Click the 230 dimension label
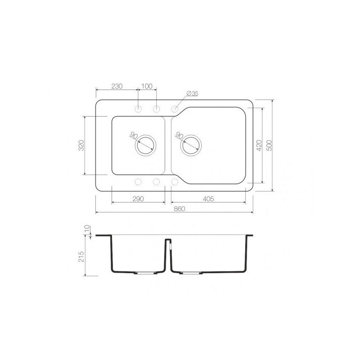117,86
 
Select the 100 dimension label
147,86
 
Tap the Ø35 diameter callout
193,94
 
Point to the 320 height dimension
81,145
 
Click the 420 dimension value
259,145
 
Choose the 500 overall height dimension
269,145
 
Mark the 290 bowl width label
138,198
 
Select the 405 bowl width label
208,198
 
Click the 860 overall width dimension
179,209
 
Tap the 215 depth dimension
81,256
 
